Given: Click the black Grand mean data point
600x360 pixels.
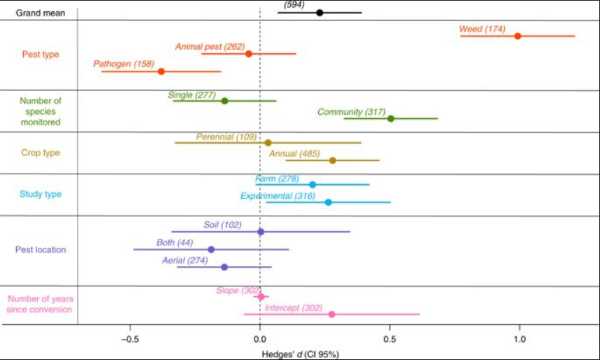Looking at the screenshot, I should pyautogui.click(x=320, y=13).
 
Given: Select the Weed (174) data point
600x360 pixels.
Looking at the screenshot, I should pyautogui.click(x=517, y=36).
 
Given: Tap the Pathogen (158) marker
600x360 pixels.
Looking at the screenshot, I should pyautogui.click(x=161, y=71).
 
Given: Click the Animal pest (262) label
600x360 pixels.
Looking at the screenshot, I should pyautogui.click(x=210, y=47).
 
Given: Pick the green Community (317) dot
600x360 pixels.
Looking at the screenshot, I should pyautogui.click(x=390, y=118).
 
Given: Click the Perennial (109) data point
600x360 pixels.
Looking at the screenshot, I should pyautogui.click(x=268, y=143).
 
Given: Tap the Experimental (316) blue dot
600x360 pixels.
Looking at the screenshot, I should pyautogui.click(x=328, y=202).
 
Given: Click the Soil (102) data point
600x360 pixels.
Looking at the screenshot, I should pyautogui.click(x=261, y=232).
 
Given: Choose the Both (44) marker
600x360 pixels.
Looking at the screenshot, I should pyautogui.click(x=211, y=249).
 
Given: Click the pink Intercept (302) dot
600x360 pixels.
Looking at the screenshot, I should pyautogui.click(x=332, y=314).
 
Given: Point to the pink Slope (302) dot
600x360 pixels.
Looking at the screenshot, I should pyautogui.click(x=261, y=296).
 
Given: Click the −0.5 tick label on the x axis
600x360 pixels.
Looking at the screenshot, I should pyautogui.click(x=130, y=340).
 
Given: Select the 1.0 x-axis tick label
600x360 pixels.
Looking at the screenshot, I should pyautogui.click(x=519, y=340).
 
